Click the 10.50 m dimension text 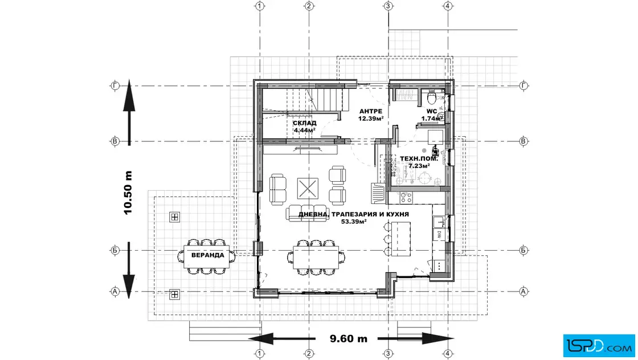[x=128, y=193]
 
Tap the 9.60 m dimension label [x=348, y=338]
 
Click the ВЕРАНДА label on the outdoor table [x=207, y=255]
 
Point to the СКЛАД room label [x=304, y=123]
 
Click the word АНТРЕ [x=371, y=112]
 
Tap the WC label [x=432, y=112]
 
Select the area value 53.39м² [x=354, y=221]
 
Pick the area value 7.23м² [x=419, y=166]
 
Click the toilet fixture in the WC [x=432, y=97]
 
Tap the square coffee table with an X [x=308, y=189]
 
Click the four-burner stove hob [x=406, y=198]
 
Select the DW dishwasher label [x=440, y=234]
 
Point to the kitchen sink [x=439, y=222]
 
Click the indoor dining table [x=316, y=257]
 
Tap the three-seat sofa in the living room [x=308, y=212]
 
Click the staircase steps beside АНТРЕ [x=325, y=99]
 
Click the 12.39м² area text [x=371, y=119]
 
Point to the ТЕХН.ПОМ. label [x=419, y=159]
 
